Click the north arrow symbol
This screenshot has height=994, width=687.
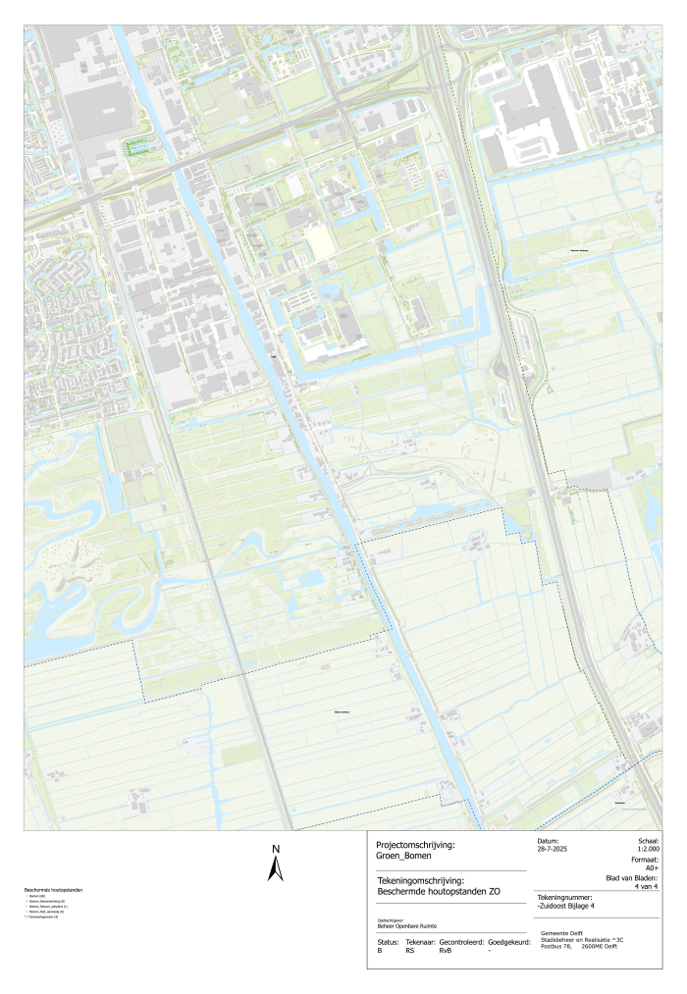click(276, 868)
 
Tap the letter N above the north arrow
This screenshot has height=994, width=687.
click(276, 849)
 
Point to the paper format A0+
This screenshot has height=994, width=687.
click(652, 868)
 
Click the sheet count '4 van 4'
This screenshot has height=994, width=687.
click(647, 887)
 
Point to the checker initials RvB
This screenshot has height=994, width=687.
click(447, 951)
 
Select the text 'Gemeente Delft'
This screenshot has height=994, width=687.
click(563, 933)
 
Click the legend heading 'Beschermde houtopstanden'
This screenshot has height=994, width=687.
click(53, 890)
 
